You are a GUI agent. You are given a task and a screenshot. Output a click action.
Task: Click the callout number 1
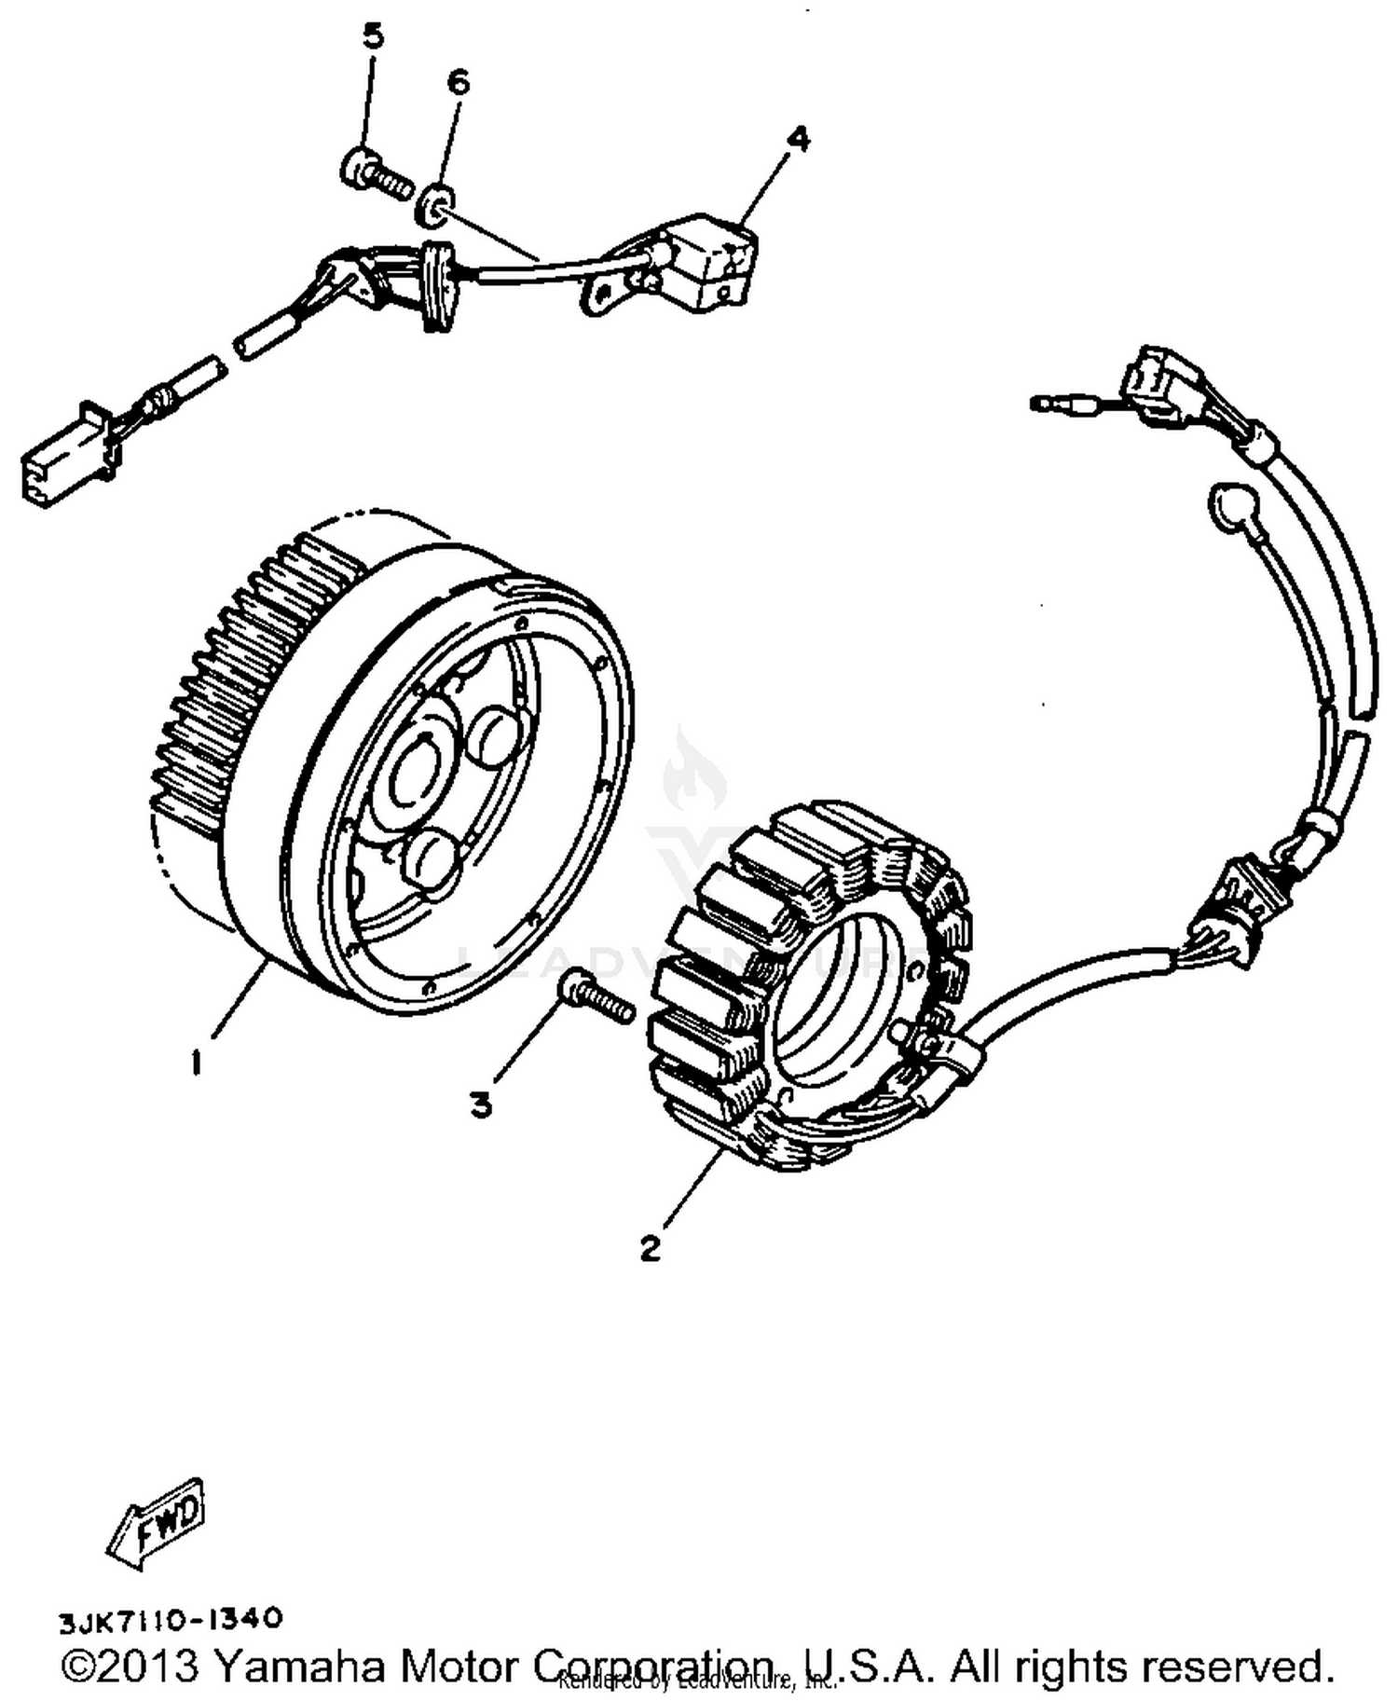pyautogui.click(x=196, y=1063)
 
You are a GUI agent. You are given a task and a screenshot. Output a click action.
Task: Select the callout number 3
pyautogui.click(x=480, y=1105)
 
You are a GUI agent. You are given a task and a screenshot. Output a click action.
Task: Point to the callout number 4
pyautogui.click(x=798, y=140)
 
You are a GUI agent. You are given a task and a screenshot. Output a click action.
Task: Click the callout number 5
pyautogui.click(x=372, y=37)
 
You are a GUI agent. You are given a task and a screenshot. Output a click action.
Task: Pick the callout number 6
pyautogui.click(x=458, y=83)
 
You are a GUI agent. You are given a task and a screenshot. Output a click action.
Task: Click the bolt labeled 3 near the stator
pyautogui.click(x=596, y=997)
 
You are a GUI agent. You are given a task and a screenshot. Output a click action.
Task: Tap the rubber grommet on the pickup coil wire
pyautogui.click(x=439, y=287)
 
